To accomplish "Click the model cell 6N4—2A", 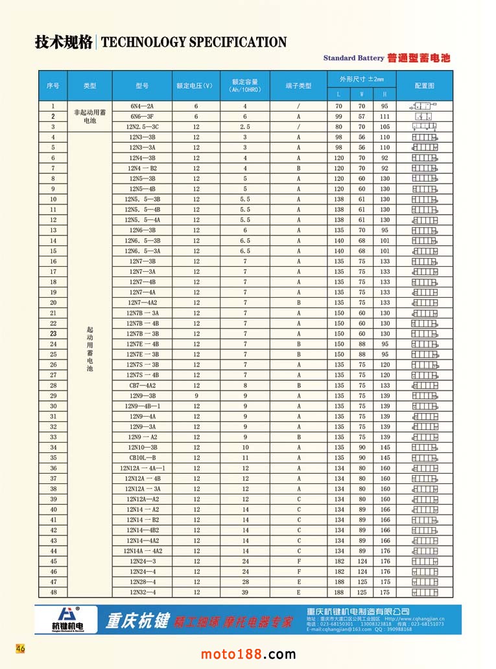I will tap(142, 106).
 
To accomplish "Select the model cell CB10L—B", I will tap(142, 457).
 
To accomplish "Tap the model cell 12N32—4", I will tap(142, 592).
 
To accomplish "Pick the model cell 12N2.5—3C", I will tap(142, 127).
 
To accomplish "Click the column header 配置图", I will tap(424, 86).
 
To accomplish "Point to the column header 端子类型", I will tap(298, 86).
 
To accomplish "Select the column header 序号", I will tap(53, 86).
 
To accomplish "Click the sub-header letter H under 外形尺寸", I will tap(384, 95).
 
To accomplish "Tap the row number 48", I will tap(53, 592).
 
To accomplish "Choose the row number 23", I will tap(53, 334).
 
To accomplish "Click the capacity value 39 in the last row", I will tap(245, 592).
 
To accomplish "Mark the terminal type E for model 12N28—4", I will tap(298, 581).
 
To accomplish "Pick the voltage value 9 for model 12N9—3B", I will tap(196, 396).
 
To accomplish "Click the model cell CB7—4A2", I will tap(142, 385).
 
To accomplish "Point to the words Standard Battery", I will tap(353, 58).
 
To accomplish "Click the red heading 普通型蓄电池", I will tap(418, 58).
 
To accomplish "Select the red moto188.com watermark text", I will tap(248, 653).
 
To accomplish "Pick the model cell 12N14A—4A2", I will tap(142, 550).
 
